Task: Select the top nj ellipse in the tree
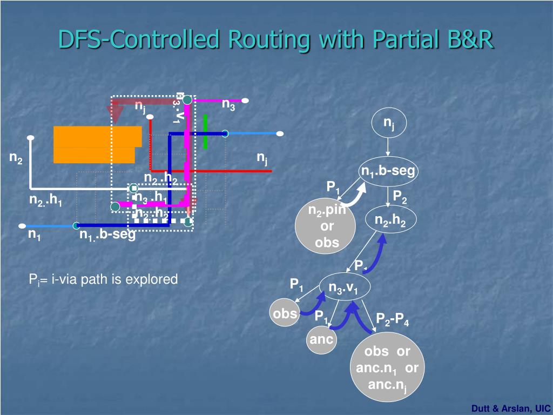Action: point(388,124)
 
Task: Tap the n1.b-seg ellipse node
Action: point(388,171)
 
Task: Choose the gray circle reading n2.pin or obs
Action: point(326,226)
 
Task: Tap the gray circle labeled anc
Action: point(321,340)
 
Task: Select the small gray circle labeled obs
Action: point(285,313)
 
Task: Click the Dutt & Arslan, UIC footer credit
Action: point(510,409)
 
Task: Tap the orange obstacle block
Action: point(96,144)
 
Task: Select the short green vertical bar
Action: point(205,131)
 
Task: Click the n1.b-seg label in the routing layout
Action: point(107,235)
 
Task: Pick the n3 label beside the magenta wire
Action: point(228,104)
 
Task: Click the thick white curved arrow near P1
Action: point(354,195)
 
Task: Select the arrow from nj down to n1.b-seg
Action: point(388,149)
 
